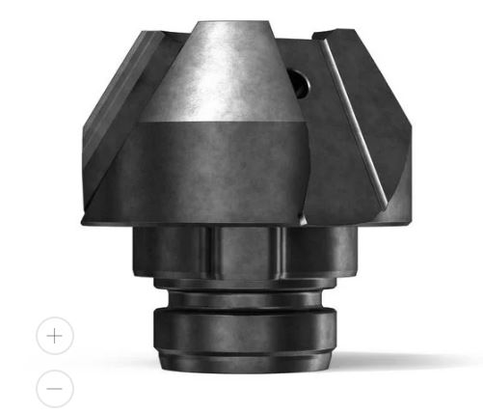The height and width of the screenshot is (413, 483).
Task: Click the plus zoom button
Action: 55,336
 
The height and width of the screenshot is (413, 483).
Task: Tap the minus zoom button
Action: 55,388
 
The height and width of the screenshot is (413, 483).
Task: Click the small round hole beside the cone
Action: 299,84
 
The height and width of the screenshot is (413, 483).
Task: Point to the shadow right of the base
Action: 386,362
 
